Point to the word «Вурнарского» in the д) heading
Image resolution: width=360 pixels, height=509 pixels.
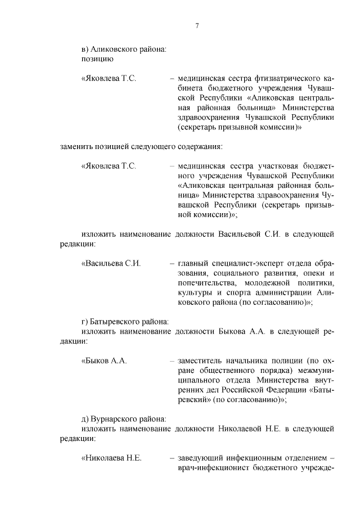point(117,419)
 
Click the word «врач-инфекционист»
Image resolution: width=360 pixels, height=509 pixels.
point(214,469)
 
